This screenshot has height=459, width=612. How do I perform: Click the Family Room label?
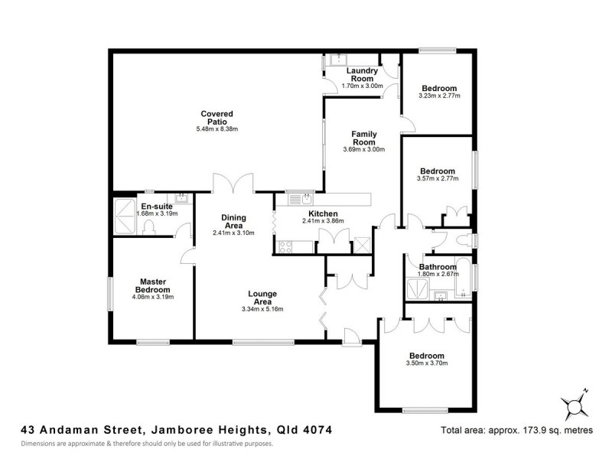coord(363,138)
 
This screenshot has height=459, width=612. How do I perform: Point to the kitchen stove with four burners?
coord(285,246)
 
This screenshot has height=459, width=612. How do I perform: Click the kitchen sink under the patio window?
coord(296,200)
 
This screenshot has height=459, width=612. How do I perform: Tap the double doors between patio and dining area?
coord(233,184)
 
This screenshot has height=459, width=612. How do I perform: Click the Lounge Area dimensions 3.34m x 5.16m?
coord(262,310)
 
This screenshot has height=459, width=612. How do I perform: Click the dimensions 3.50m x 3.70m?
coord(426,363)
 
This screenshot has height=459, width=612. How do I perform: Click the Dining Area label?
coord(233,221)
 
